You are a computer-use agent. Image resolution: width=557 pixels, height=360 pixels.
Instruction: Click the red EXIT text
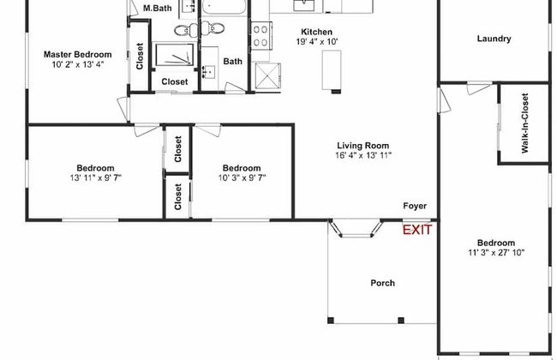click(x=417, y=230)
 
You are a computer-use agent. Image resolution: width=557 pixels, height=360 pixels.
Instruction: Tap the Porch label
click(x=382, y=283)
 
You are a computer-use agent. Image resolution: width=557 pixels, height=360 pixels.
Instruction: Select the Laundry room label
click(x=494, y=39)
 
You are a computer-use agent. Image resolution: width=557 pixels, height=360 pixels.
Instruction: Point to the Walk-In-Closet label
click(x=524, y=123)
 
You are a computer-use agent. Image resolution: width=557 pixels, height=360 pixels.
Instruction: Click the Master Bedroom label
click(x=77, y=54)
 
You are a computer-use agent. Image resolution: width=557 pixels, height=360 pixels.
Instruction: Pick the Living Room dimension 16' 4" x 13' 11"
click(x=363, y=155)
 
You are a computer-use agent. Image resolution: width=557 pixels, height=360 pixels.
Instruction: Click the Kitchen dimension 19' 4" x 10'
click(x=317, y=42)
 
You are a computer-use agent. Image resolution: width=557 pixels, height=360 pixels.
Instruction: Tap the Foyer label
click(x=415, y=206)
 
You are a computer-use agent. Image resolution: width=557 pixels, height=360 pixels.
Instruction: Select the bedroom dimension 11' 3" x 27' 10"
click(x=496, y=253)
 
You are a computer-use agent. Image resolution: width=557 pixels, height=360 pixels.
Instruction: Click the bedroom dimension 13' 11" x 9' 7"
click(x=96, y=177)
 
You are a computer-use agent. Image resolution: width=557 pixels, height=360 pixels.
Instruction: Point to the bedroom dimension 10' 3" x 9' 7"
click(x=242, y=177)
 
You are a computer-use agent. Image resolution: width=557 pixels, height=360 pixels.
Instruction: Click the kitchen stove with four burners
click(x=261, y=36)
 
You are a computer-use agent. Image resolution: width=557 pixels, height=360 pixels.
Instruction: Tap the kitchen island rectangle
click(x=332, y=70)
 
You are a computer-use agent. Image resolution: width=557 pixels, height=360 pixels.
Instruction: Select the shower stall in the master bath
click(x=175, y=54)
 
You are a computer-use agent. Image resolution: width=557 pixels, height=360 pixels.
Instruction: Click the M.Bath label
click(x=158, y=8)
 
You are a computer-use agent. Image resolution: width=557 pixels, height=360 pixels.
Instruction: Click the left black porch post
click(x=331, y=321)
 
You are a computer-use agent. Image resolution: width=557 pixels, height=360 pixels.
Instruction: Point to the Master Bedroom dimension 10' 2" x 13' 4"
click(x=78, y=64)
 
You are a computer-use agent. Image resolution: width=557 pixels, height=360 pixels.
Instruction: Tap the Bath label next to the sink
click(x=233, y=61)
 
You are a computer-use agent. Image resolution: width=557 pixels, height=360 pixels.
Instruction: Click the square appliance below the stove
click(x=268, y=75)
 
